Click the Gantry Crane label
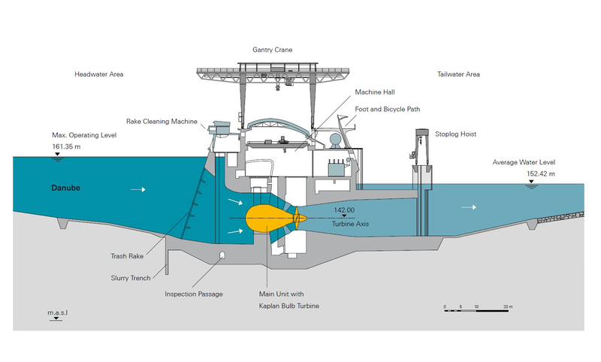pyautogui.click(x=273, y=50)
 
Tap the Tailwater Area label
pyautogui.click(x=458, y=74)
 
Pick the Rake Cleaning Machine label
pyautogui.click(x=162, y=121)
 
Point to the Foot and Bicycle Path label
pyautogui.click(x=388, y=109)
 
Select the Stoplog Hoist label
pyautogui.click(x=456, y=134)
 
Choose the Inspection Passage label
pyautogui.click(x=195, y=294)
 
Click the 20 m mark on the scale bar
pyautogui.click(x=508, y=306)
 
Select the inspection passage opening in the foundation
pyautogui.click(x=222, y=257)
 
